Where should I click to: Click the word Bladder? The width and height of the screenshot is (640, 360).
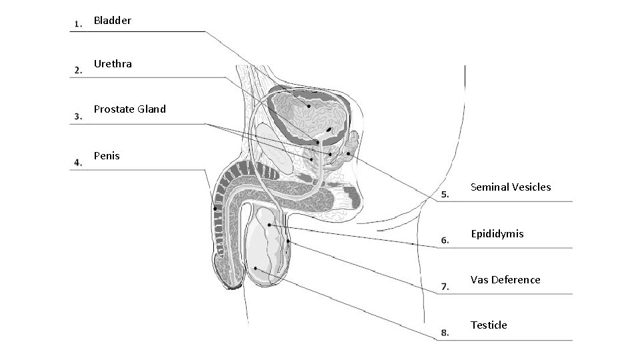coord(112,21)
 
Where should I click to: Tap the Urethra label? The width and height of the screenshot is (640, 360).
coord(113,64)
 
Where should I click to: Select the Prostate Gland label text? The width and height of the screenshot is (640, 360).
coord(129,109)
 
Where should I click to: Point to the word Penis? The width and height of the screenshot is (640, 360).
coord(107,155)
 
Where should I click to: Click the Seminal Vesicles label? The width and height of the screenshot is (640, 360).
coord(511,187)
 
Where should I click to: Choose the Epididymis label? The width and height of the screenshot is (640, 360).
coord(497,233)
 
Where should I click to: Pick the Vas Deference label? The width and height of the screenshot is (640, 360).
coord(505,279)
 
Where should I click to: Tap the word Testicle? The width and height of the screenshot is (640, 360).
coord(489,325)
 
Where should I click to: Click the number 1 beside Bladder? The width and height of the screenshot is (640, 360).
coord(79,25)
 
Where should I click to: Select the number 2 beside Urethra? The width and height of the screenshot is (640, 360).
coord(79,70)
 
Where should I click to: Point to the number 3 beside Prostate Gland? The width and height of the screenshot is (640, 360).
coord(79,116)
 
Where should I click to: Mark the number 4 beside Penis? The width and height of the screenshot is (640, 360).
coord(79,162)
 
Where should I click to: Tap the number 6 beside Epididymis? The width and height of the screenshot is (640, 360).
coord(445,241)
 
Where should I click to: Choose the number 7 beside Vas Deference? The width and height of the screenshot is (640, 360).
coord(445,287)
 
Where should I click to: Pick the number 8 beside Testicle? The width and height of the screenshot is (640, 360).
coord(445,332)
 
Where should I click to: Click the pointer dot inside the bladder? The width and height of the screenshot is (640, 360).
coord(309,105)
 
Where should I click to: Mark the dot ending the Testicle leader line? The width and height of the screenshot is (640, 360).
coord(256,268)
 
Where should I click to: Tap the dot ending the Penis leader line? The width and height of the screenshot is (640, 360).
coord(215,209)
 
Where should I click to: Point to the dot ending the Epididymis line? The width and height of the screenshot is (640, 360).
coord(269,225)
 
